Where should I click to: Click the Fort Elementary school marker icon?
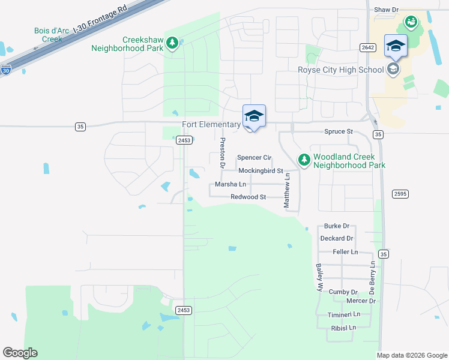(x=254, y=116)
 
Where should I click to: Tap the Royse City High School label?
(x=340, y=70)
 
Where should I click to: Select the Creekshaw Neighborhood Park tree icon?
(x=173, y=43)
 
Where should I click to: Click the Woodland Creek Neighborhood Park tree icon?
(x=304, y=160)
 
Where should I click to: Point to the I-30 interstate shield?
(x=5, y=70)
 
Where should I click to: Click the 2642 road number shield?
(x=368, y=47)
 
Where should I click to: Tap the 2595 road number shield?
(x=400, y=193)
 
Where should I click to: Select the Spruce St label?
(x=339, y=131)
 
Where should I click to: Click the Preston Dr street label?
(x=223, y=152)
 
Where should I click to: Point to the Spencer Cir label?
(x=255, y=157)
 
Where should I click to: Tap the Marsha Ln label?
(x=231, y=184)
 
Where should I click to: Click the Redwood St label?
(x=248, y=197)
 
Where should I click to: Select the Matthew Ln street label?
(x=287, y=191)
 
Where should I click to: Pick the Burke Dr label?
(x=336, y=226)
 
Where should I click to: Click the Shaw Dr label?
(x=386, y=10)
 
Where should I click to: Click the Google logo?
(x=20, y=353)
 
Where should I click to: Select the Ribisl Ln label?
(x=343, y=328)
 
